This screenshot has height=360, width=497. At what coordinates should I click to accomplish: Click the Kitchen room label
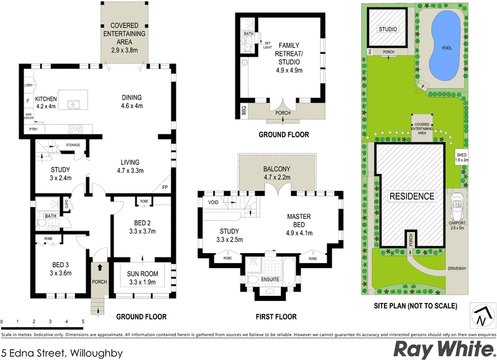click(45, 103)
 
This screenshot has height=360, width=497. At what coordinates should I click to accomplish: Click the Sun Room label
click(142, 277)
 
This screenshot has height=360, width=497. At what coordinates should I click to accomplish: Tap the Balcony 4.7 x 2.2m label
click(278, 172)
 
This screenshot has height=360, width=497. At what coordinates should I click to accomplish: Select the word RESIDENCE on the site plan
click(411, 196)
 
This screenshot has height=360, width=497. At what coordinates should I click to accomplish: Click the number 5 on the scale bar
click(83, 322)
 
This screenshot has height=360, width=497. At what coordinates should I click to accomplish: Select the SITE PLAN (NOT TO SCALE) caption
click(416, 306)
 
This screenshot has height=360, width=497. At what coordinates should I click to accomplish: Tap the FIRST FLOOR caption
click(276, 316)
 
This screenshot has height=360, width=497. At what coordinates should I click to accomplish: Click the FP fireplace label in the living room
click(165, 187)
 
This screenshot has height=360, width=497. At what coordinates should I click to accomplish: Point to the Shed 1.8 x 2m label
click(461, 157)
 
